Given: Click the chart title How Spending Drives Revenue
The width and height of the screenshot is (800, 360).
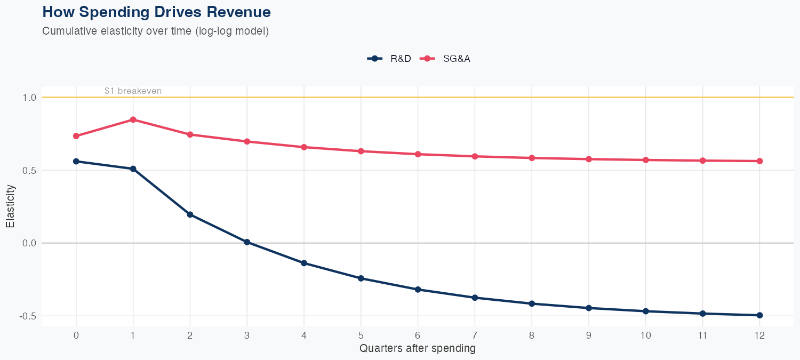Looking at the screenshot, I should coord(156,12).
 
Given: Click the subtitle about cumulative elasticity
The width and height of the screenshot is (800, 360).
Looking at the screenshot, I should coord(155,31).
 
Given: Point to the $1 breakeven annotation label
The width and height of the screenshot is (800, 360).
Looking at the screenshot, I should coord(133,91).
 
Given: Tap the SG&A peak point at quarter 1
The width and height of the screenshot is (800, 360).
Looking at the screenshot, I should coord(133,119).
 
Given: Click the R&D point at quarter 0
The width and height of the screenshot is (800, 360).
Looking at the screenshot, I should coord(76,161).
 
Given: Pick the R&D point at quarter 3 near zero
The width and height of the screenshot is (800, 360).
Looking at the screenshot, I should coord(247,242).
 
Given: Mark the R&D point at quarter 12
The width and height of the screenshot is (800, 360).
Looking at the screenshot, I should coord(759,315).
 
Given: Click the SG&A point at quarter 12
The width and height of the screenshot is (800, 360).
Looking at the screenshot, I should coord(759,161).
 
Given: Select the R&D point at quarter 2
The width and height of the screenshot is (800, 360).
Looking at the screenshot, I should coord(190,214).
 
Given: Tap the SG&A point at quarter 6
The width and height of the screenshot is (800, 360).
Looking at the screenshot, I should coord(418,154).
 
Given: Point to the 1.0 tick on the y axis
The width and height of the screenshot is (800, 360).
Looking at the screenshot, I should coord(29,98).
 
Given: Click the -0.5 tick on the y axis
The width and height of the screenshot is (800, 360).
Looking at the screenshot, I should coord(27,316).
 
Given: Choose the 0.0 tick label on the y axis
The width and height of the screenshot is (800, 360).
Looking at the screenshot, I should coord(29,243).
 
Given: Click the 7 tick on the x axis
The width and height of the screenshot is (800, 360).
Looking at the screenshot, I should coord(475,335).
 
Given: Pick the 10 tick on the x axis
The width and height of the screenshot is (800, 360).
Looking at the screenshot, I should coord(645,335).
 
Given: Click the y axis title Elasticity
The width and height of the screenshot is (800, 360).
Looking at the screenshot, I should coord(10,206).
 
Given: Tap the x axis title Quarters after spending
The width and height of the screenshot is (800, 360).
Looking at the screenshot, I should coord(418,349).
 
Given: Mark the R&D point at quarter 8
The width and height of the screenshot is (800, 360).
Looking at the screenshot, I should coord(532,303).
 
